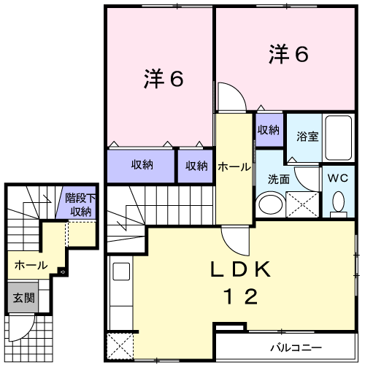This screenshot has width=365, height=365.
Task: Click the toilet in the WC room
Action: tap(339, 204)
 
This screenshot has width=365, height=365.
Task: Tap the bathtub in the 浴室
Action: tap(339, 138)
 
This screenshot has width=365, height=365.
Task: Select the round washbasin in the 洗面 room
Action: tap(271, 204)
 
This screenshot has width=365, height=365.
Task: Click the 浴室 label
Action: tap(307, 137)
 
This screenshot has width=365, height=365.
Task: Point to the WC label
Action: tap(338, 178)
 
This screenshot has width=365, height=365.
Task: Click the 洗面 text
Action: tap(279, 180)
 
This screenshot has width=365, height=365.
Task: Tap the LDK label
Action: tap(240, 269)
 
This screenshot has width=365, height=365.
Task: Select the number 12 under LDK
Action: tap(241, 296)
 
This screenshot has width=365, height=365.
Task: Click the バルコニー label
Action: tap(296, 347)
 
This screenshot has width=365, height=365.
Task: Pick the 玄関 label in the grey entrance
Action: tap(24, 298)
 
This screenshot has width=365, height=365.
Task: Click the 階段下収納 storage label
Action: tap(80, 205)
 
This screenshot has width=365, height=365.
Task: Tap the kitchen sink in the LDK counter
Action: tap(121, 272)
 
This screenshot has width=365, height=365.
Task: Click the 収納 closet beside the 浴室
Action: tap(269, 130)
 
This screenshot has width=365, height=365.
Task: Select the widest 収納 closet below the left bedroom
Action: tap(141, 166)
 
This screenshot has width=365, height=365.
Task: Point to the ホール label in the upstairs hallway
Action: tap(234, 167)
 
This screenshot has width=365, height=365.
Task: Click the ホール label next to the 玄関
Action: tap(31, 265)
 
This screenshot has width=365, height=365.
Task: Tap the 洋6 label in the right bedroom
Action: tap(288, 54)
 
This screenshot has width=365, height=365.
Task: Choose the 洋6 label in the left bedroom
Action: tap(164, 79)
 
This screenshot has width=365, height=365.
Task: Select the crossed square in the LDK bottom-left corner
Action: tap(120, 346)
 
